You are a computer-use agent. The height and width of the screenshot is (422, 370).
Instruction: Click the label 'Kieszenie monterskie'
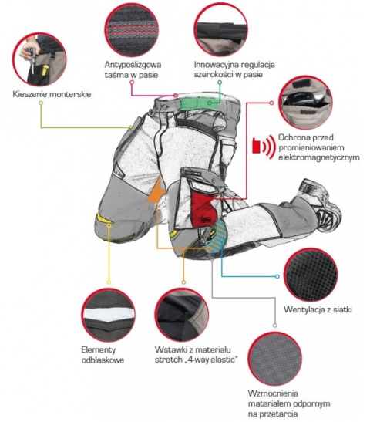pyautogui.click(x=52, y=94)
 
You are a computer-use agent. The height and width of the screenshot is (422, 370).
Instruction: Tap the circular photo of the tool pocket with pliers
pyautogui.click(x=39, y=59)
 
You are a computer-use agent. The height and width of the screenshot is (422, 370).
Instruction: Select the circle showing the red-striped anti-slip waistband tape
pyautogui.click(x=131, y=30)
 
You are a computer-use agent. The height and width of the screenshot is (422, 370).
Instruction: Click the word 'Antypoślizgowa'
pyautogui.click(x=133, y=65)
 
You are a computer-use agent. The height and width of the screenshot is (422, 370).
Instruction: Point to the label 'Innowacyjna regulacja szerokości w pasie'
pyautogui.click(x=234, y=69)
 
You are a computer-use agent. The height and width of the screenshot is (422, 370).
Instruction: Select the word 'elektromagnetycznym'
pyautogui.click(x=319, y=157)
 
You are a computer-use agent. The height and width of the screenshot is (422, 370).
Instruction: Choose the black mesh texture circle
pyautogui.click(x=311, y=275)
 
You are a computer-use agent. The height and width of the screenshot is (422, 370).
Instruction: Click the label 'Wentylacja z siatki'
pyautogui.click(x=318, y=309)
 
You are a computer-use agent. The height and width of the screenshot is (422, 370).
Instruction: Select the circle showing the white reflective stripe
pyautogui.click(x=108, y=315)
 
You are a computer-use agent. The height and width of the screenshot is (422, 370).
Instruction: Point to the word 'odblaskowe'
pyautogui.click(x=103, y=360)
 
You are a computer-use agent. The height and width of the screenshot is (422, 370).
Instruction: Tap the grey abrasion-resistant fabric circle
pyautogui.click(x=275, y=359)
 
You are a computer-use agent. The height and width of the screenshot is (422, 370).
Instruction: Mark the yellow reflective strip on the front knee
pyautogui.click(x=104, y=218)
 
